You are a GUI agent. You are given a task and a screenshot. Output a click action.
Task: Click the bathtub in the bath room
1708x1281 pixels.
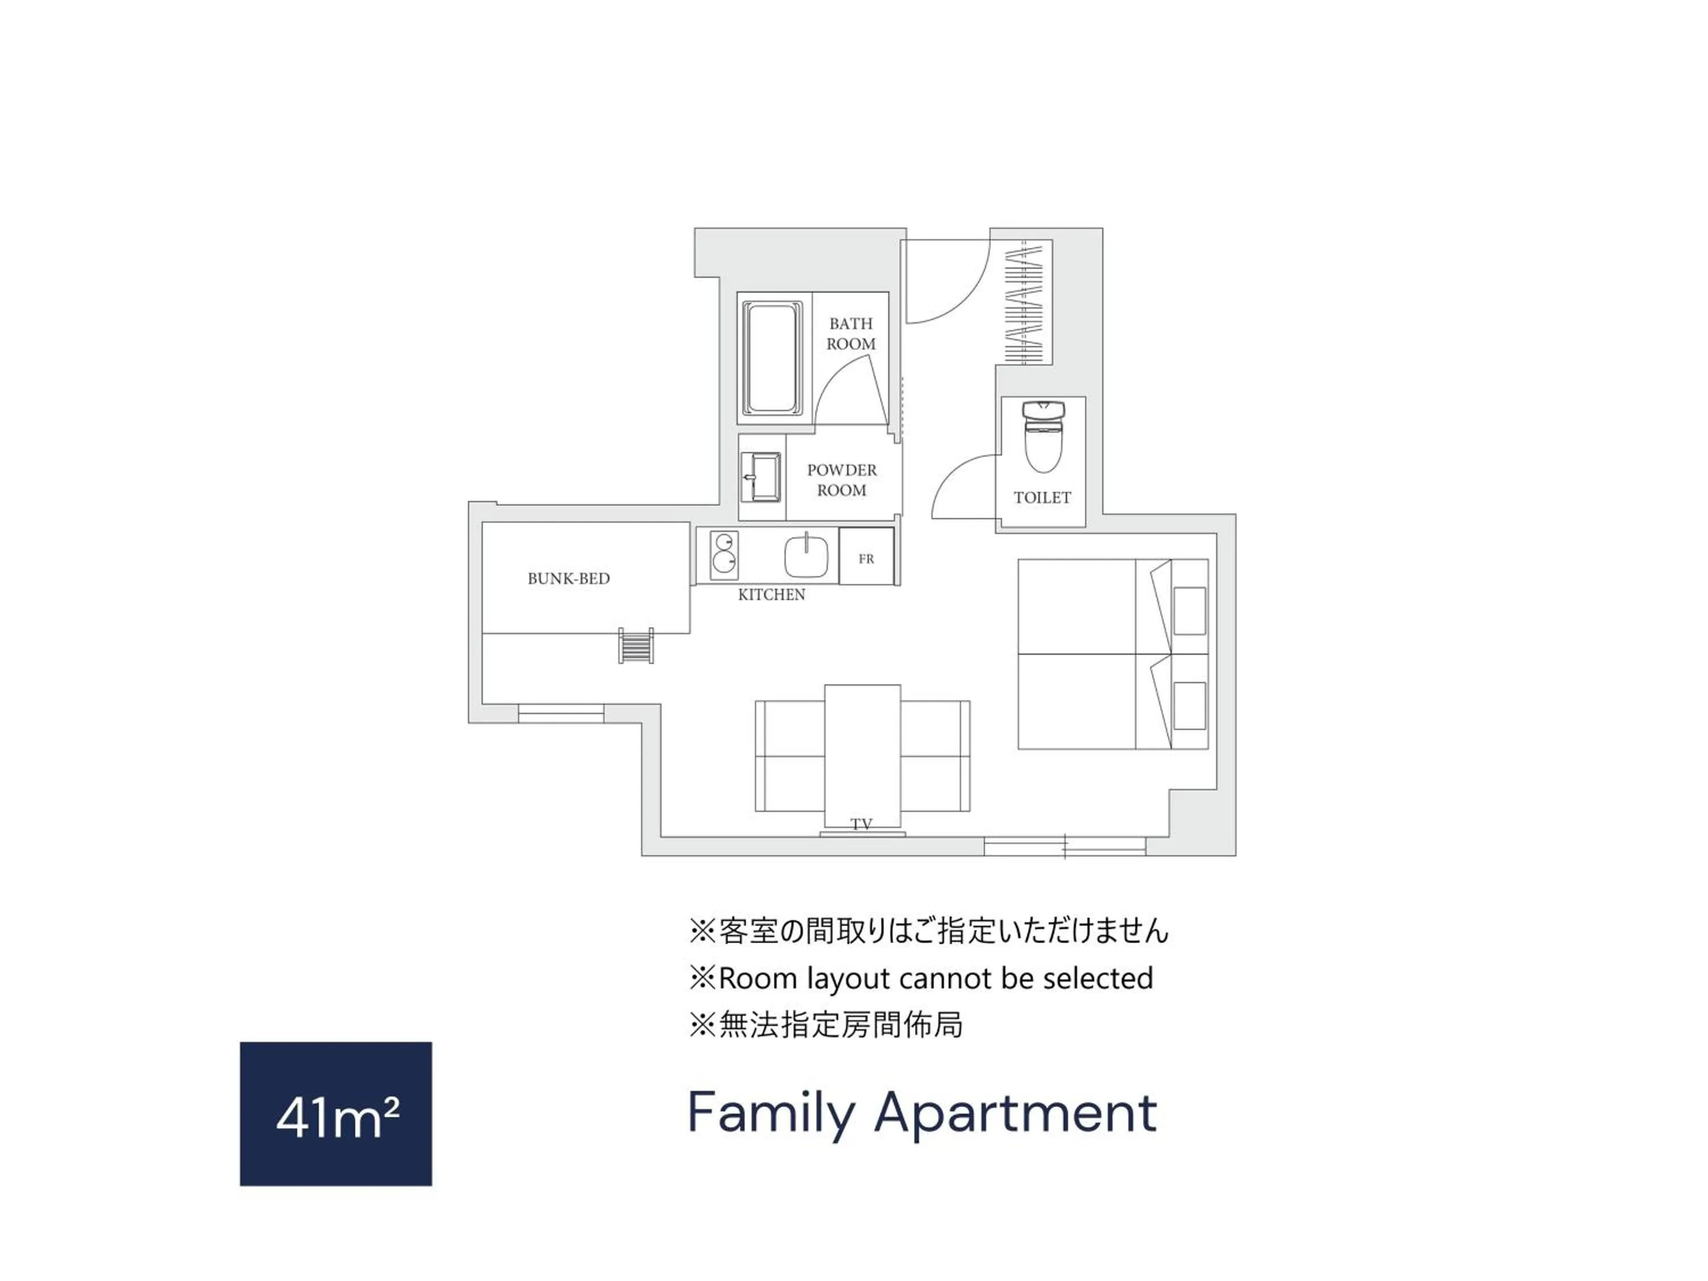click(x=771, y=358)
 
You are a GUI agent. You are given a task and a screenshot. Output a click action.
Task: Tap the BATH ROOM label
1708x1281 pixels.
click(x=851, y=334)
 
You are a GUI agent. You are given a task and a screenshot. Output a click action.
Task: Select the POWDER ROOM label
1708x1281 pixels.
click(x=841, y=479)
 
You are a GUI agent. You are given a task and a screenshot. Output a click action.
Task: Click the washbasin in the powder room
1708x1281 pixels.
click(x=761, y=477)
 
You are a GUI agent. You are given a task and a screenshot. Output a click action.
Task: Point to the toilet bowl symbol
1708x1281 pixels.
click(x=1042, y=436)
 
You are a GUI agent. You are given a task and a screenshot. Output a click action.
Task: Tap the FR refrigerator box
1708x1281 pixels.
click(x=867, y=556)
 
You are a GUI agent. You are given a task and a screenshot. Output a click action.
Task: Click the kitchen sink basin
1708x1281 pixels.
click(x=806, y=555)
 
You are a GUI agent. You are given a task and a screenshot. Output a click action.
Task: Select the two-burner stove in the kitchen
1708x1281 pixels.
click(x=724, y=555)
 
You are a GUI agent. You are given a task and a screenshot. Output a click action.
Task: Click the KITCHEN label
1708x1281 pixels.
click(x=771, y=594)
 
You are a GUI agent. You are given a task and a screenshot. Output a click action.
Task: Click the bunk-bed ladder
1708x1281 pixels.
click(x=635, y=646)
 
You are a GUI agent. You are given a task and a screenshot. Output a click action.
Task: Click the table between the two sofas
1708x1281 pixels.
click(x=862, y=757)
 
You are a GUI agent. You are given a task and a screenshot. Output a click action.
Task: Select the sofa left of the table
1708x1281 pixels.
click(x=789, y=756)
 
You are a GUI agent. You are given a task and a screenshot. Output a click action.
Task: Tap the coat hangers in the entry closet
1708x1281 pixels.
click(x=1024, y=303)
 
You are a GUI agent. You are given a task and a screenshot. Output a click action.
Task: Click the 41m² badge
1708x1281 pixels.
click(x=336, y=1114)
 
